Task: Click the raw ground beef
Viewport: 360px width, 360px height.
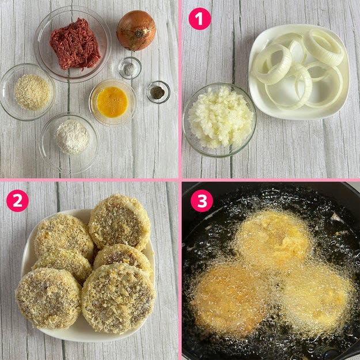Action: [x=75, y=44]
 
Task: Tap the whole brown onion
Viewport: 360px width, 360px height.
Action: [x=137, y=30]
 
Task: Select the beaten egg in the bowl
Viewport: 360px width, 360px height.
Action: [x=112, y=102]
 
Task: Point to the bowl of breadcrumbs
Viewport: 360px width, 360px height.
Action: [x=28, y=92]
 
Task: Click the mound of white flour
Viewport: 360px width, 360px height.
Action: [x=73, y=137]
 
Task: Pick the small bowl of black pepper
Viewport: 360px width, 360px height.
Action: [x=158, y=92]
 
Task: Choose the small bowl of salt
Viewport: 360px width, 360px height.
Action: [x=130, y=68]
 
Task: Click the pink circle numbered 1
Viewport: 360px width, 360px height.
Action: [x=200, y=19]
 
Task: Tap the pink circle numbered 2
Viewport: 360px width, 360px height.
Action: [x=17, y=200]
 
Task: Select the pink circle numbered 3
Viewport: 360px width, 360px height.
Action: [x=202, y=200]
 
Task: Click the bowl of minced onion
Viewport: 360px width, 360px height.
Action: [x=219, y=120]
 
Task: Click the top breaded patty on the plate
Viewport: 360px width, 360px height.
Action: [x=119, y=222]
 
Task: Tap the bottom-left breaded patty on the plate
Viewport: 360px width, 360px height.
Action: [x=49, y=298]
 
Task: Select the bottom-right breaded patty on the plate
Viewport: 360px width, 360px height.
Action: [x=119, y=298]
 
